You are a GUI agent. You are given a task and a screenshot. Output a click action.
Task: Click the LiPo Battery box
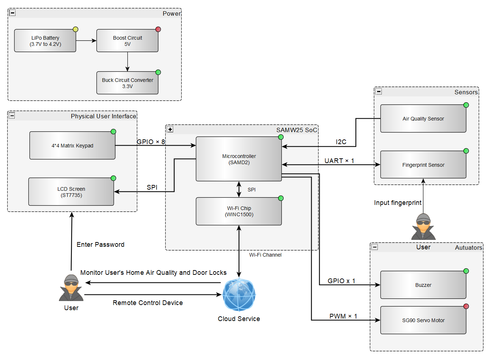click(x=45, y=41)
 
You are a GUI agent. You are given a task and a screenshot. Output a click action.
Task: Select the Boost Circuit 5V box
click(x=127, y=41)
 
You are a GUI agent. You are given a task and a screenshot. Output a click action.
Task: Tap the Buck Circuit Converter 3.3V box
click(x=127, y=83)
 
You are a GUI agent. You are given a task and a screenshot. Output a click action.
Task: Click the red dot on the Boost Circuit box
click(x=158, y=29)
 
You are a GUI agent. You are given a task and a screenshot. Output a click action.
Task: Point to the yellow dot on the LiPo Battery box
click(x=75, y=29)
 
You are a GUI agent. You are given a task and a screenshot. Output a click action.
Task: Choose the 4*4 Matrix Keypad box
click(x=72, y=146)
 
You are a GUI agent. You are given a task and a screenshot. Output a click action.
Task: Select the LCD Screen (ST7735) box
click(x=71, y=192)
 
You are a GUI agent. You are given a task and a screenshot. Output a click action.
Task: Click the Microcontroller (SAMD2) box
click(x=239, y=159)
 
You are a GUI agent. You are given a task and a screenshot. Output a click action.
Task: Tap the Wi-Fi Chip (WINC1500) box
click(x=239, y=211)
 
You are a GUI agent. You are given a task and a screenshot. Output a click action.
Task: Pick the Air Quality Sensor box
click(x=423, y=119)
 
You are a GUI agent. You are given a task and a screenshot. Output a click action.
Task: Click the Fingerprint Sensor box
click(x=423, y=165)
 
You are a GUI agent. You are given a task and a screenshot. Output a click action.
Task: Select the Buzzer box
click(x=423, y=285)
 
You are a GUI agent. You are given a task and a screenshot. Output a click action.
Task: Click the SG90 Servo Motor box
click(x=423, y=320)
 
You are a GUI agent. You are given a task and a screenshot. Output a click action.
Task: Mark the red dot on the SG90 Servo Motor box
click(x=466, y=306)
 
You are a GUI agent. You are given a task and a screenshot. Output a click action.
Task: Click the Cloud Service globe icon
click(x=239, y=295)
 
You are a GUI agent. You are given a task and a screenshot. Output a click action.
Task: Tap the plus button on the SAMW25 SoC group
click(x=170, y=129)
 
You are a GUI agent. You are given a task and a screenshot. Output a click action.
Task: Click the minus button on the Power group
click(x=12, y=13)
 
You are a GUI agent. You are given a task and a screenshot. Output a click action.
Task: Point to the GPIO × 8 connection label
click(x=151, y=142)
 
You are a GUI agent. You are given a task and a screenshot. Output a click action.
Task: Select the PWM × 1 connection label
click(x=343, y=316)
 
